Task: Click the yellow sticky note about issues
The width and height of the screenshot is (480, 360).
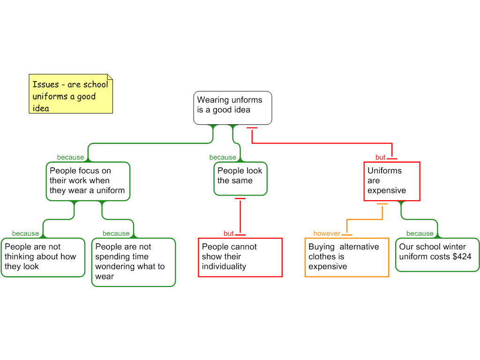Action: click(x=71, y=94)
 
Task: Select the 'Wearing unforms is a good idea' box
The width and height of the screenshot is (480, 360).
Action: click(x=232, y=108)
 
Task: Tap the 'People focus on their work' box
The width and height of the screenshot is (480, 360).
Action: click(x=88, y=181)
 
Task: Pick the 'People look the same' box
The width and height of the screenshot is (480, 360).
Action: click(x=240, y=179)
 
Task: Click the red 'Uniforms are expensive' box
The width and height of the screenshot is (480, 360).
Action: click(x=392, y=181)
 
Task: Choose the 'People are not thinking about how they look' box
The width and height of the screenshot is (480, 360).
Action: click(x=43, y=257)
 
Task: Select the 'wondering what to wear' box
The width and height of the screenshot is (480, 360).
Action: click(x=134, y=262)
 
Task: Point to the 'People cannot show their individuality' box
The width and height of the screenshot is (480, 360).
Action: click(x=240, y=257)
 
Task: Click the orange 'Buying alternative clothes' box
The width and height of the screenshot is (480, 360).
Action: click(x=347, y=257)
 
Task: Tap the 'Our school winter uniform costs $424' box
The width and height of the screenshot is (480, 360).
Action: click(x=437, y=255)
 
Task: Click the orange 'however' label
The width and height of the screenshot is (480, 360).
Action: click(x=327, y=233)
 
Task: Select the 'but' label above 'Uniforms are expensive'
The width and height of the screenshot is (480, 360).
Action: click(x=380, y=157)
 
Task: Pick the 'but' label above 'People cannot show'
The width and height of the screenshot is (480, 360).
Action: click(x=229, y=233)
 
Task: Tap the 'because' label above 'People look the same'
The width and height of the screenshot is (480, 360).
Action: click(x=223, y=157)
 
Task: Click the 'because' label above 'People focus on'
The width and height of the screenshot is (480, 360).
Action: click(x=70, y=157)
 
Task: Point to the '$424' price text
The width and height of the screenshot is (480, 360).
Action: click(x=462, y=256)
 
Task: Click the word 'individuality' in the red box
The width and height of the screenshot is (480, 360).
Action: click(x=224, y=267)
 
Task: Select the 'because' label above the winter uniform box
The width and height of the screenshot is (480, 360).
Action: click(x=420, y=233)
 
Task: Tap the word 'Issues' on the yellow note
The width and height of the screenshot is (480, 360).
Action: click(x=45, y=84)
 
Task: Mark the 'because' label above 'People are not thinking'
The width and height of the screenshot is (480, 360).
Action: click(x=25, y=233)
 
